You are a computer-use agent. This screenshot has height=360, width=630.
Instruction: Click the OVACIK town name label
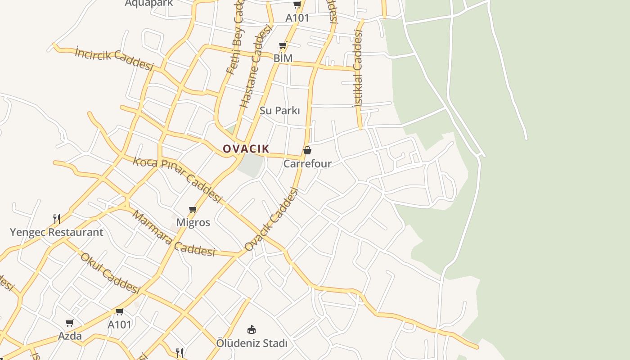[246, 149]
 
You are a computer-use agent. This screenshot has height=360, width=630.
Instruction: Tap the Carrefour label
[307, 164]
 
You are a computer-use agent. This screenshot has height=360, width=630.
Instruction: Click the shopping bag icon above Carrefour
[307, 150]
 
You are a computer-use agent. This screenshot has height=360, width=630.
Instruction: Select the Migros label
[193, 222]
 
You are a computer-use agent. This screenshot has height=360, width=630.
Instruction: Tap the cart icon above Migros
[193, 209]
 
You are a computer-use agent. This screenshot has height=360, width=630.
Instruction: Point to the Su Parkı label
[279, 111]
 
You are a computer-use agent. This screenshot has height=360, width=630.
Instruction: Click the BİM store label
[283, 58]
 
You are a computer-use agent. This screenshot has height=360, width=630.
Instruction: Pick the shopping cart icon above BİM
[283, 45]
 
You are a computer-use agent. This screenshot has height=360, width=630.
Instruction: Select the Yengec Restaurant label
[57, 233]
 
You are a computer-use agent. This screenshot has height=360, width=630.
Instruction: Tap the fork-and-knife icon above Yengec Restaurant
[57, 219]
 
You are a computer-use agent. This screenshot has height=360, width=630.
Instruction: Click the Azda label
[70, 336]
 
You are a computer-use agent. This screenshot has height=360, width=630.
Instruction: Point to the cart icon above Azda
[70, 323]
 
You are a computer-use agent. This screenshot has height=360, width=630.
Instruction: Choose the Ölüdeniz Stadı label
[252, 343]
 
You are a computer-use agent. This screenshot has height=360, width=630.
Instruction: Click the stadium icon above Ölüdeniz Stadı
[252, 330]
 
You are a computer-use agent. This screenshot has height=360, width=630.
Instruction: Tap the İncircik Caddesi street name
[114, 58]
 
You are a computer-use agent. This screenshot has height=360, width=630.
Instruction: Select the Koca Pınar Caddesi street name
[177, 179]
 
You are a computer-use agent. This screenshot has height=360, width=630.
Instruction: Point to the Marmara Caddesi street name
[173, 234]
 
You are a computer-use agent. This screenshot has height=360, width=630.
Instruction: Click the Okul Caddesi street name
[110, 273]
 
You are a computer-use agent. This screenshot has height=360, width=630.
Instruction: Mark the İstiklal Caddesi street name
[358, 68]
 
